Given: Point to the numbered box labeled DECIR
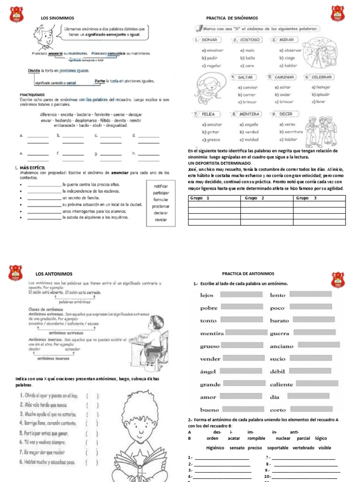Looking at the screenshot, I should pyautogui.click(x=288, y=114).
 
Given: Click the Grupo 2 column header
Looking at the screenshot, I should pyautogui.click(x=254, y=198).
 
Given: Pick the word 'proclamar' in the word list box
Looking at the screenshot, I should pyautogui.click(x=161, y=206).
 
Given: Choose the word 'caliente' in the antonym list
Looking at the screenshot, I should pyautogui.click(x=281, y=385).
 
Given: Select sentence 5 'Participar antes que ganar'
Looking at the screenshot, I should pyautogui.click(x=47, y=433).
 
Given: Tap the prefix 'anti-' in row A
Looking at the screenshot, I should pyautogui.click(x=294, y=432).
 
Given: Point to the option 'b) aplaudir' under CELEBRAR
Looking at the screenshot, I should pyautogui.click(x=321, y=94).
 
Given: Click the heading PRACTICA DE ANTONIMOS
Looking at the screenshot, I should pyautogui.click(x=252, y=273).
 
